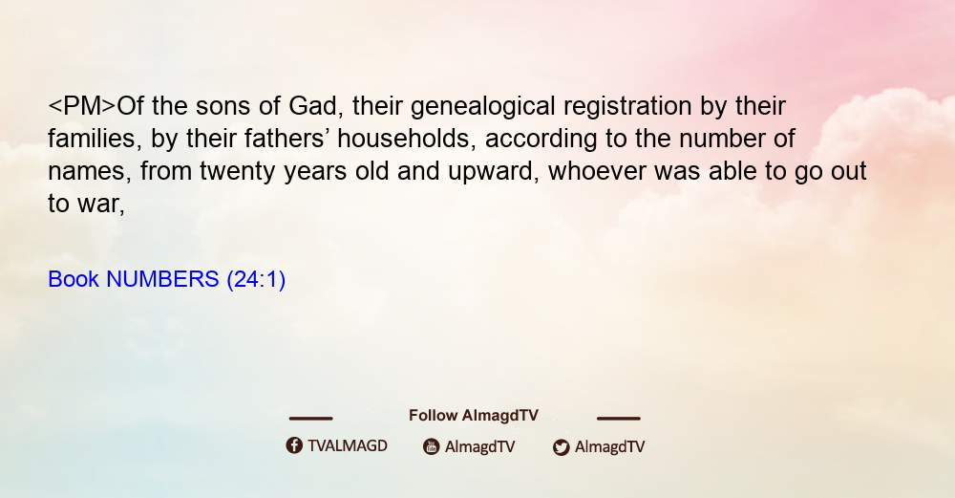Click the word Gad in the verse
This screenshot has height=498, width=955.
(x=313, y=106)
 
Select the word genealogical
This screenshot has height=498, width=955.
(x=483, y=107)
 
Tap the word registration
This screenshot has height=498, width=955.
(x=627, y=107)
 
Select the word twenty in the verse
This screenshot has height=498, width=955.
(x=238, y=172)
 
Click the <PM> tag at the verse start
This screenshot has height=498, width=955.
(x=81, y=106)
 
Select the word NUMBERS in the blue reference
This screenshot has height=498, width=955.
(x=162, y=279)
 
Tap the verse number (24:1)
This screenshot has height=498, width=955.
(x=256, y=280)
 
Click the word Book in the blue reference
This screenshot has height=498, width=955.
(x=74, y=279)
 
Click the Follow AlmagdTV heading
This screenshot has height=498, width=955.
(x=474, y=416)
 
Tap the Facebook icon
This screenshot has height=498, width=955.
(x=294, y=445)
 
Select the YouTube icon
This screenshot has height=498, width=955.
(x=432, y=446)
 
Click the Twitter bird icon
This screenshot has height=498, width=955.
(x=561, y=447)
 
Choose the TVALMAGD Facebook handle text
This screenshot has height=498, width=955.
(x=348, y=446)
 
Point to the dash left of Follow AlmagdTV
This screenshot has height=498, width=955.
(x=310, y=419)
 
